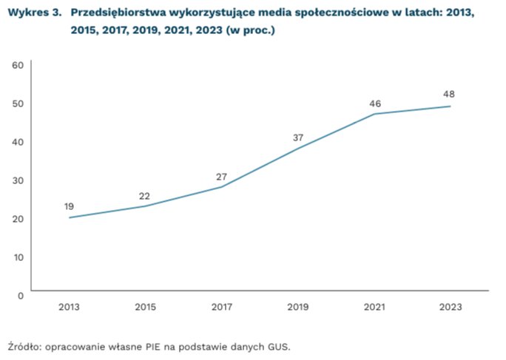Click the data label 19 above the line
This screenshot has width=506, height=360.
(69, 206)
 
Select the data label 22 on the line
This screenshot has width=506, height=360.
(144, 196)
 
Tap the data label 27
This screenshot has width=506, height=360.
(220, 176)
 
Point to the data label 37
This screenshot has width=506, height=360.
(297, 137)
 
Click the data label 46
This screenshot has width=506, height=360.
(375, 103)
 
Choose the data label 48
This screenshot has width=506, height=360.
(448, 94)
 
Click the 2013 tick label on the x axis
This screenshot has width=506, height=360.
(69, 307)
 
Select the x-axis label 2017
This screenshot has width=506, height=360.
(222, 307)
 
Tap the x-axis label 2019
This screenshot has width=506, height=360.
(298, 307)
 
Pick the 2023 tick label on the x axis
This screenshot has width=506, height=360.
(451, 307)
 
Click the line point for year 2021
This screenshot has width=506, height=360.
(374, 114)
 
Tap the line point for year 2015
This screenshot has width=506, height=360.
(145, 206)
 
